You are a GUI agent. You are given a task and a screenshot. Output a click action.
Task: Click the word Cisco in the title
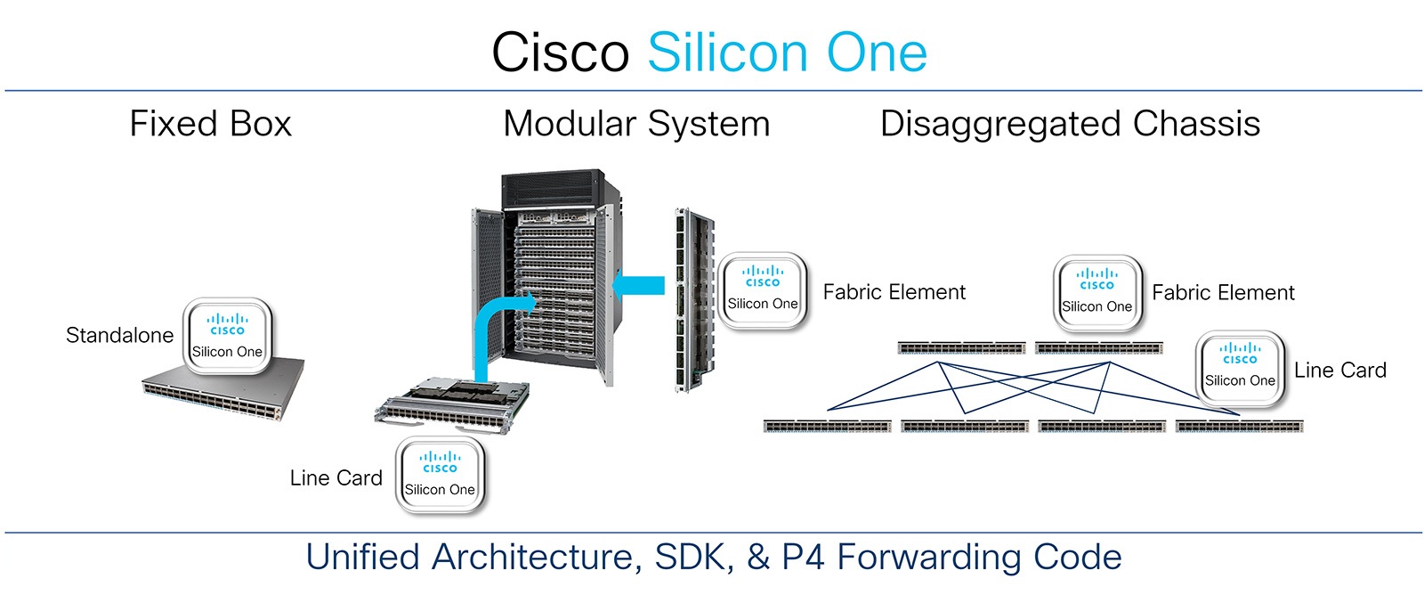tap(560, 53)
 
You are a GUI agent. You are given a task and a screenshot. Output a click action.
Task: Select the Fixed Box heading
tap(211, 124)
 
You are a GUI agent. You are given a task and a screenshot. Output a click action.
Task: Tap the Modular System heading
tap(636, 124)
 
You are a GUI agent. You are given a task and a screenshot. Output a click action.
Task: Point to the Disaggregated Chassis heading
tap(1070, 124)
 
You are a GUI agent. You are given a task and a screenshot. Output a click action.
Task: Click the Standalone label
tap(119, 336)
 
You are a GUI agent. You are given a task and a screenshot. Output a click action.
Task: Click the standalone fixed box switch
tap(222, 392)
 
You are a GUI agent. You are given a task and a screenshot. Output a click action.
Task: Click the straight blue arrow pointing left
tap(638, 286)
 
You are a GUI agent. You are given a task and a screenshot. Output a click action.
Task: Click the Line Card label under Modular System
tap(336, 478)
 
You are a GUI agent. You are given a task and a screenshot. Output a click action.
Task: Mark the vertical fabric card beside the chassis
tap(690, 303)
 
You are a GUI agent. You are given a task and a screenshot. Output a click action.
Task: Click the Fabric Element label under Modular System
tap(894, 292)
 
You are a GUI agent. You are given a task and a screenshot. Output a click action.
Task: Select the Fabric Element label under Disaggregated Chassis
tap(1223, 293)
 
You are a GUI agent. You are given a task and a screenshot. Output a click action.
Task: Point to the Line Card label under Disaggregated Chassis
tap(1339, 371)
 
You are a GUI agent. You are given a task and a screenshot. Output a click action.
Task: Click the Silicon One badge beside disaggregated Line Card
tap(1240, 368)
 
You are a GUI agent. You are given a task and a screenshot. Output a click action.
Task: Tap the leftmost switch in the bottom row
tap(827, 427)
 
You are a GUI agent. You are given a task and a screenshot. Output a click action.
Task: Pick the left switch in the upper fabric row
tap(961, 348)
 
